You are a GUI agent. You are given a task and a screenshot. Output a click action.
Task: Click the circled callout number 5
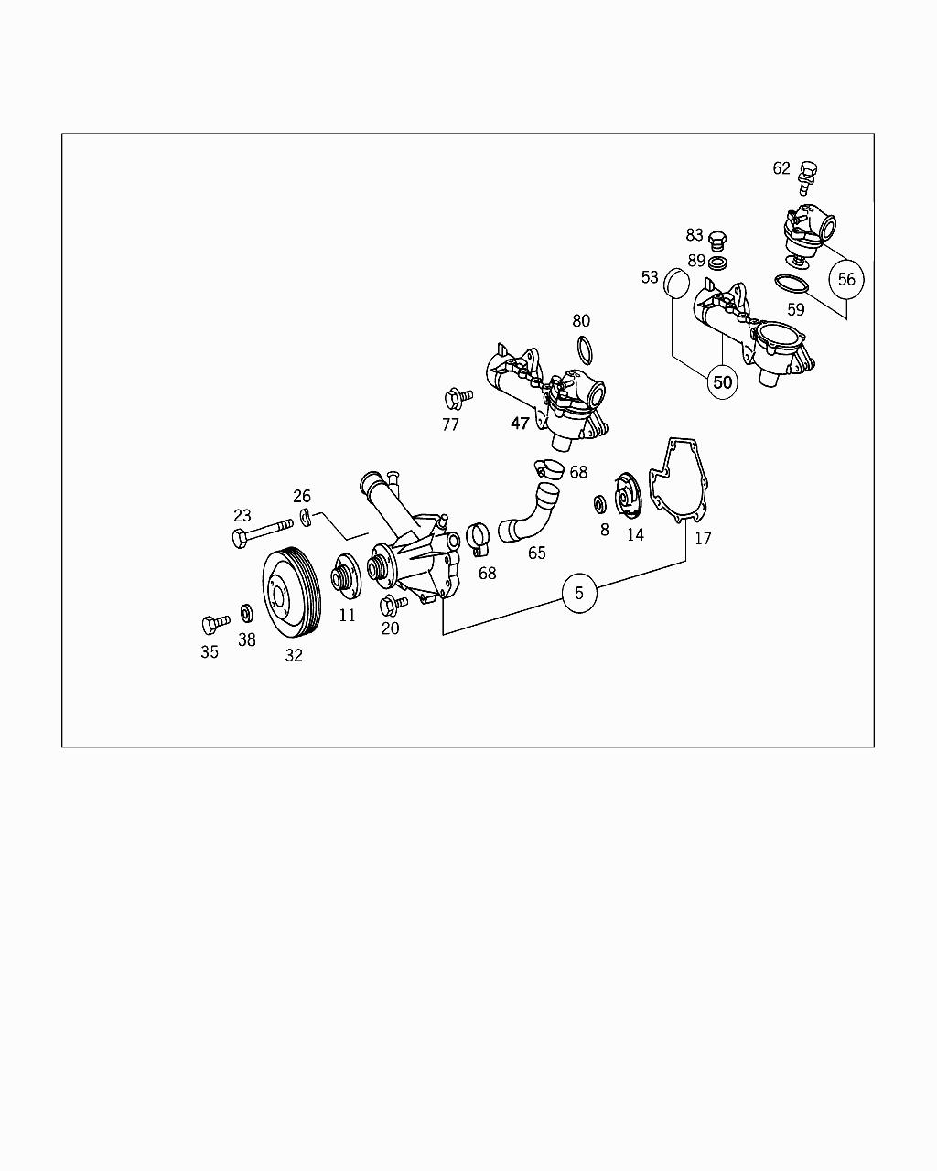pyautogui.click(x=579, y=593)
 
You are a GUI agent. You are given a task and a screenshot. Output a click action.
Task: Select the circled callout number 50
pyautogui.click(x=723, y=381)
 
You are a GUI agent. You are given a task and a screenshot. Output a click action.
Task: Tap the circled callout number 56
pyautogui.click(x=846, y=279)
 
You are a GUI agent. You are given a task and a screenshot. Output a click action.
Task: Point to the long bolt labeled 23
pyautogui.click(x=262, y=532)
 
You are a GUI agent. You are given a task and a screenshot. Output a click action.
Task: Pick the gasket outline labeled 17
pyautogui.click(x=678, y=480)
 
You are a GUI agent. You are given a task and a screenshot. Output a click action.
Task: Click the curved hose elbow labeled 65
pyautogui.click(x=530, y=518)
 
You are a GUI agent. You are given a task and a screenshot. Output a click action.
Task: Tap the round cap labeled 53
pyautogui.click(x=676, y=283)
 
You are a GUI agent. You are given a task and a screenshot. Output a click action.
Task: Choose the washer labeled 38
pyautogui.click(x=246, y=612)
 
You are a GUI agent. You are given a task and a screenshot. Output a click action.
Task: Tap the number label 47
pyautogui.click(x=520, y=424)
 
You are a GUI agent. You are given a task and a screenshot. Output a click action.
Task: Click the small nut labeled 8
pyautogui.click(x=600, y=504)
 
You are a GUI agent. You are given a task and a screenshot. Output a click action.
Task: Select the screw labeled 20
pyautogui.click(x=393, y=605)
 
